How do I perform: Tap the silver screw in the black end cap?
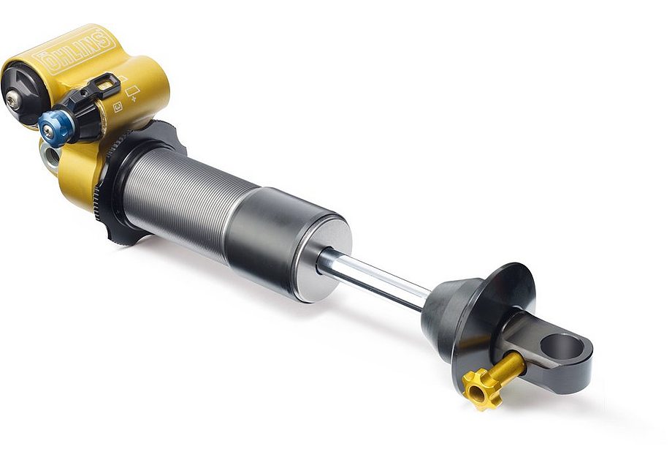(13, 101)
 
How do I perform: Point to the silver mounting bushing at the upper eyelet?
(50, 156)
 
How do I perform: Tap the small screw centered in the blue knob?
(48, 131)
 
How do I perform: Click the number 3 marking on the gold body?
(118, 107)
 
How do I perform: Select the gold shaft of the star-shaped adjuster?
(508, 366)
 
